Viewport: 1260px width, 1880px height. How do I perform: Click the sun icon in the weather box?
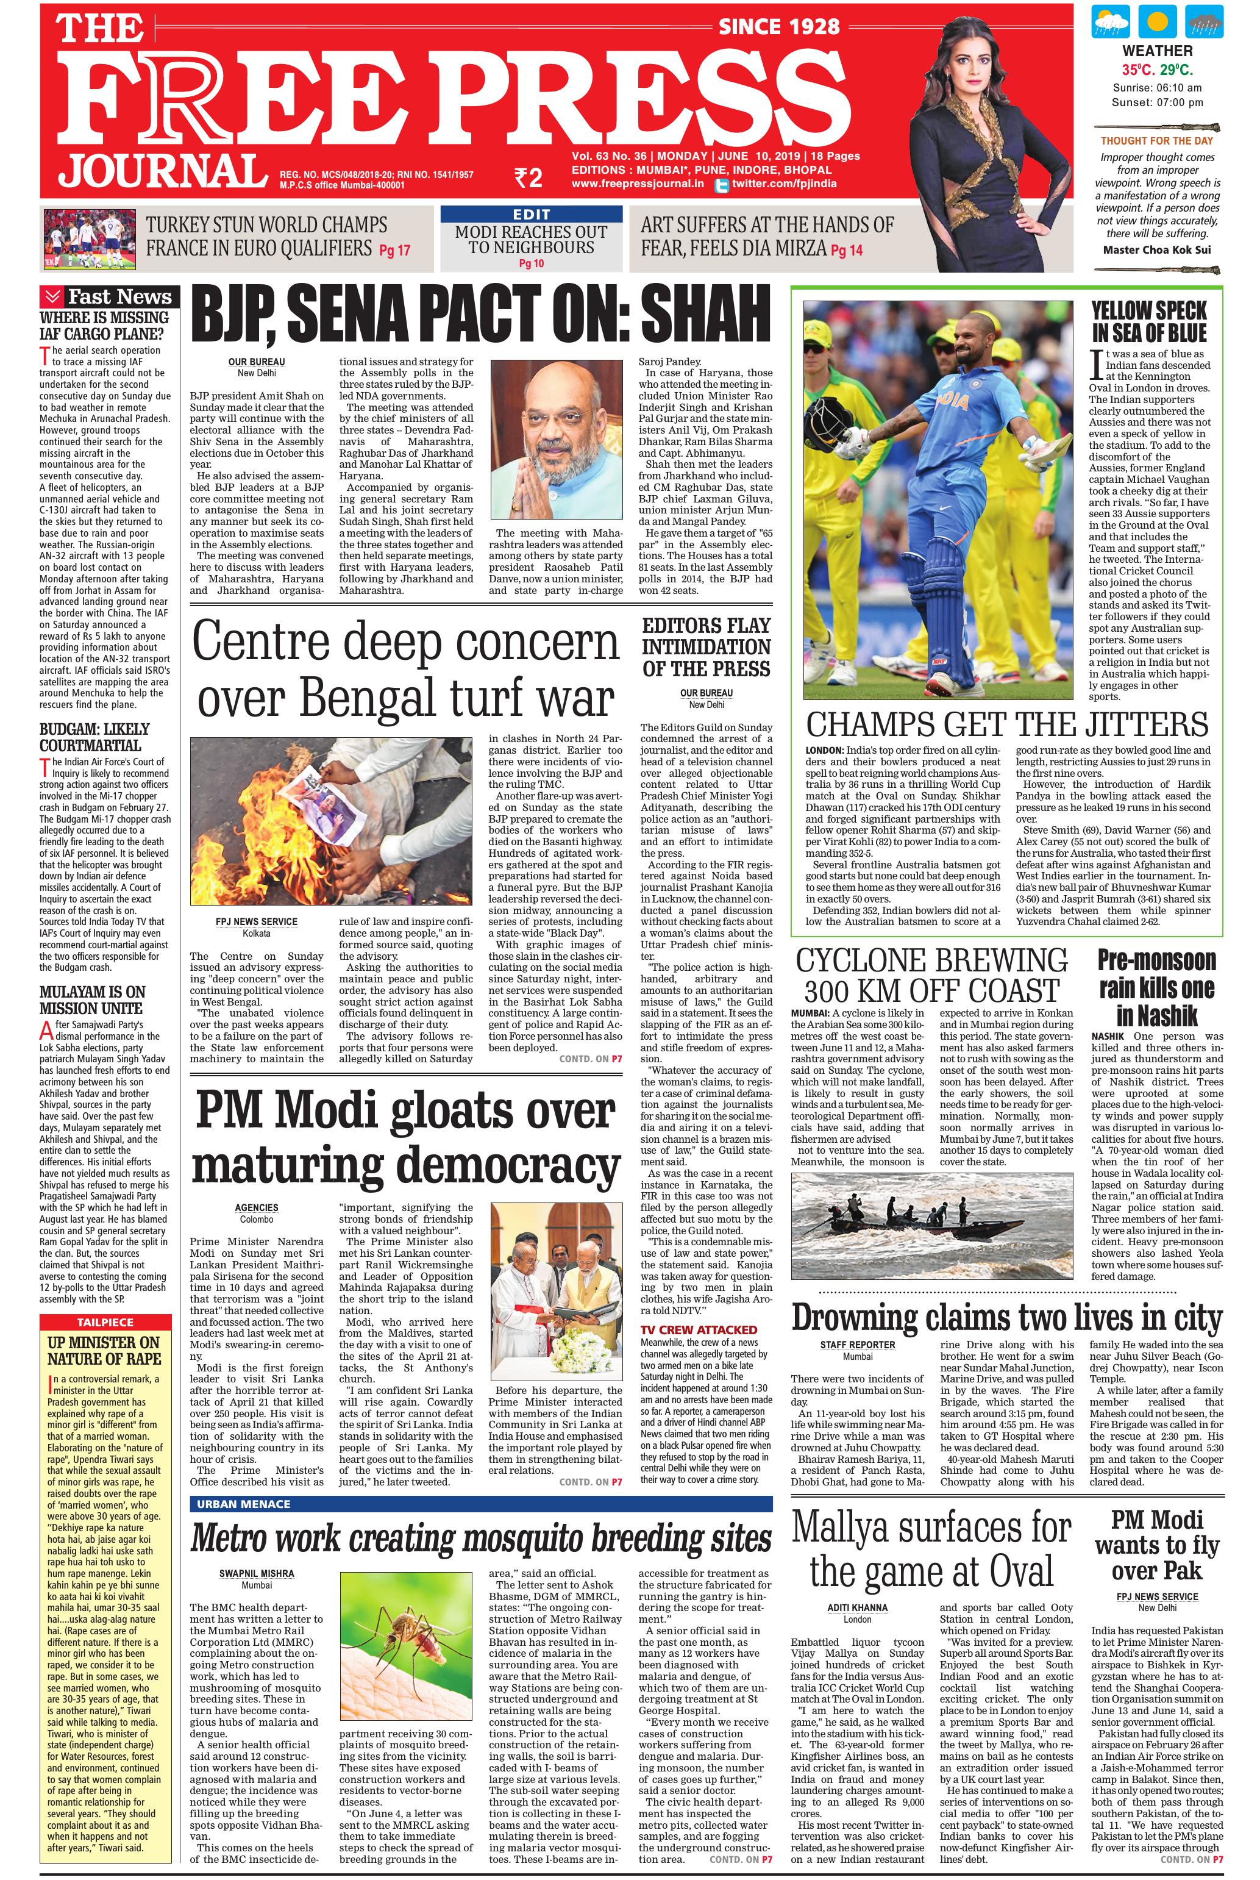[x=1156, y=23]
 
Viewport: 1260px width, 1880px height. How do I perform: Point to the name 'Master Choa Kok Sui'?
[x=1156, y=249]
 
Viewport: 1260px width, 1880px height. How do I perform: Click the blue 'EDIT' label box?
[x=531, y=215]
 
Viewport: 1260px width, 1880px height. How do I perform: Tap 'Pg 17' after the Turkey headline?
[x=394, y=250]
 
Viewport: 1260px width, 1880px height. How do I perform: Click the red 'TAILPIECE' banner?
[x=105, y=1321]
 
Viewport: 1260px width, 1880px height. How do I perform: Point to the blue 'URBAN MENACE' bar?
[x=480, y=1504]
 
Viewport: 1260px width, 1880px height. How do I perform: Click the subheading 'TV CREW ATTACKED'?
[x=699, y=1330]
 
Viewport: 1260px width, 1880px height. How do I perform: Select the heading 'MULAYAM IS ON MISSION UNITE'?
[x=91, y=1000]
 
